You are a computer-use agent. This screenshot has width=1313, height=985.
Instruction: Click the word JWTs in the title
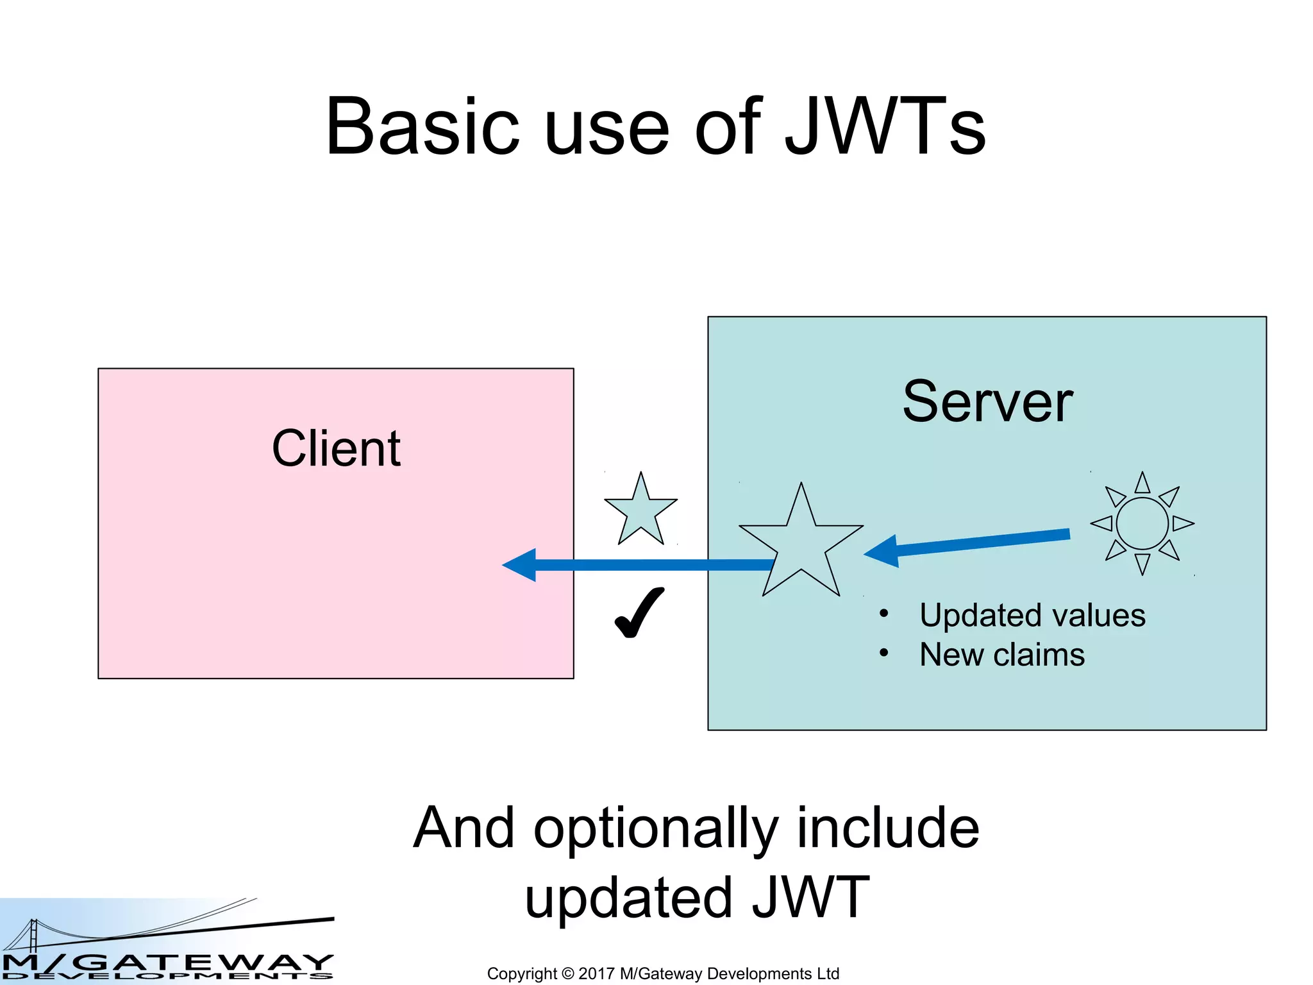click(x=885, y=126)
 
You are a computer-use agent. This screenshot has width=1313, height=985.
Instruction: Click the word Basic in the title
click(x=422, y=126)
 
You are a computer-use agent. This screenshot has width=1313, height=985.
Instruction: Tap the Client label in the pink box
click(x=336, y=448)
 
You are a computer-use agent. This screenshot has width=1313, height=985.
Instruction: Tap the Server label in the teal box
click(x=987, y=402)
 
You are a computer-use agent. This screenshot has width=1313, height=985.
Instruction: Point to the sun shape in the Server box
click(x=1142, y=523)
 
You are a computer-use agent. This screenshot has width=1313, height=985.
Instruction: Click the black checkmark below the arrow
click(x=639, y=612)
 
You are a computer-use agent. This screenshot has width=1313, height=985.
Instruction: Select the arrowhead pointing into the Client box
click(x=521, y=565)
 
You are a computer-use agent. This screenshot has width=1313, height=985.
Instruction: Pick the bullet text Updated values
click(x=1032, y=616)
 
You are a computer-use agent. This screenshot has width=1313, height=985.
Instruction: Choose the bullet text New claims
click(x=1001, y=655)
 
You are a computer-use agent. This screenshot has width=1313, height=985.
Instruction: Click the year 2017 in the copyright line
click(x=596, y=973)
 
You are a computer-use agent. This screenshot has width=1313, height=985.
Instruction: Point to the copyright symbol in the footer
click(x=567, y=973)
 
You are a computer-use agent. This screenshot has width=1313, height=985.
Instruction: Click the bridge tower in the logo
click(x=34, y=936)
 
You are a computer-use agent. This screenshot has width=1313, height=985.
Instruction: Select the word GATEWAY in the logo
click(x=205, y=963)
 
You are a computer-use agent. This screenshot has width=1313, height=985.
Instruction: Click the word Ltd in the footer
click(x=828, y=973)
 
